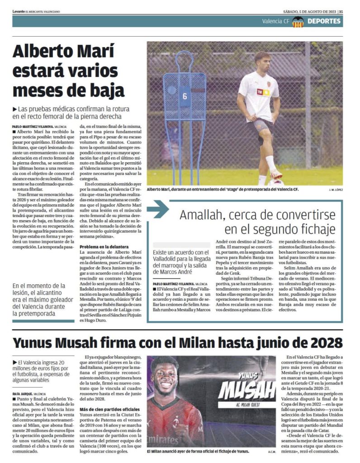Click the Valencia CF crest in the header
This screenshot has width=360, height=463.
[297, 21]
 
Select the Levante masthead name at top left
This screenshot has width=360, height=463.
[19, 11]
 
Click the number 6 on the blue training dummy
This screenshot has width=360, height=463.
[185, 96]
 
